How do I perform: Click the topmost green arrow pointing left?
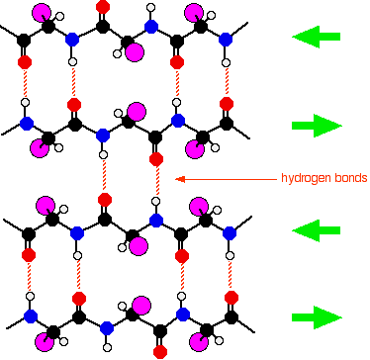point(316,38)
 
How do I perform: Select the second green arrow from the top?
point(317,126)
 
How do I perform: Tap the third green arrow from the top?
point(316,228)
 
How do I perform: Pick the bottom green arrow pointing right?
point(317,317)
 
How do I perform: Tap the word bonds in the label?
point(351,178)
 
